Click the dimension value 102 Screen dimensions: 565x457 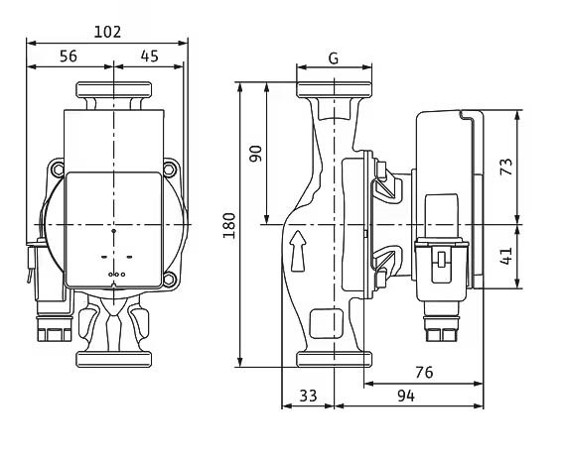click(x=107, y=32)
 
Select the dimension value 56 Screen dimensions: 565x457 click(x=69, y=57)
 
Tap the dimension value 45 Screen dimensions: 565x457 click(x=150, y=57)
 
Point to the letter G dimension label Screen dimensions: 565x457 click(x=334, y=58)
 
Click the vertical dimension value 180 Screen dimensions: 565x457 click(x=229, y=226)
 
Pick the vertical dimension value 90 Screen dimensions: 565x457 click(x=256, y=154)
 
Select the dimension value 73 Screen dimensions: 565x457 click(x=506, y=167)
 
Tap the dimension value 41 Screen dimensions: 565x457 click(x=506, y=256)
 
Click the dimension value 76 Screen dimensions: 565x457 click(x=424, y=373)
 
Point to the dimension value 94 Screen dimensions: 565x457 click(x=406, y=396)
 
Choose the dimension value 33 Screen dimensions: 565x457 click(x=308, y=396)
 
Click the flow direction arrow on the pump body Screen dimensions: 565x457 click(x=298, y=251)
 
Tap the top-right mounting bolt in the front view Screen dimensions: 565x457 click(x=169, y=170)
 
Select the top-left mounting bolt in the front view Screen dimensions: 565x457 click(x=58, y=170)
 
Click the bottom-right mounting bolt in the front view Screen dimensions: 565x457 click(x=169, y=279)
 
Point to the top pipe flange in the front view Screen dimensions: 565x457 click(x=114, y=89)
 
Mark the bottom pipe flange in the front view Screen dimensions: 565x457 click(x=114, y=360)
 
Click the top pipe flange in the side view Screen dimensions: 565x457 click(x=334, y=89)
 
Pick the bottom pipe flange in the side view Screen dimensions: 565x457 click(x=334, y=360)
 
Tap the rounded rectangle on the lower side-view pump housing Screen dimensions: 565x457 click(x=327, y=323)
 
